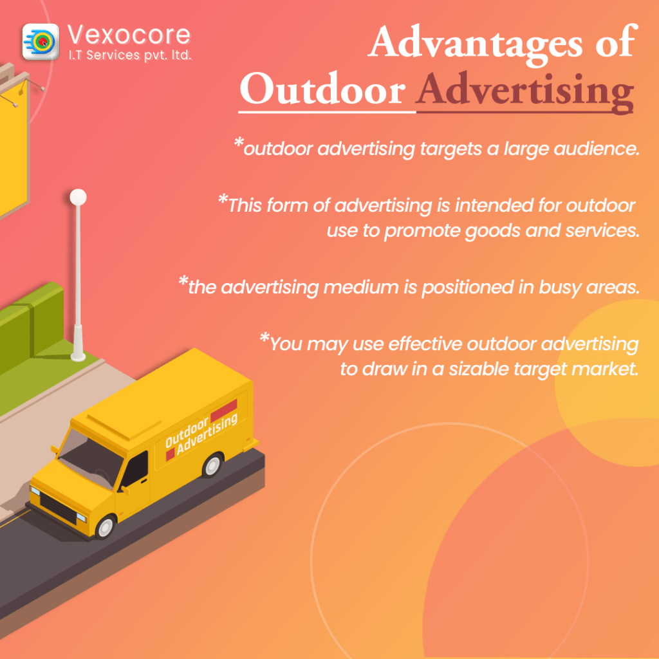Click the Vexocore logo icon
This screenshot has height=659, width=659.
41,42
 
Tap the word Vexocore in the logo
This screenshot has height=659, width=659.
129,35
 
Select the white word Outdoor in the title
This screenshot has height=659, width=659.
322,89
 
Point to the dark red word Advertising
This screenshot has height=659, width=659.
524,91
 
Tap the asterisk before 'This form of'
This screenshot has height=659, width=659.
223,199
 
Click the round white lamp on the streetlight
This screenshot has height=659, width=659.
78,197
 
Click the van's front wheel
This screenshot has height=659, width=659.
105,527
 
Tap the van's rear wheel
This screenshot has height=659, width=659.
212,465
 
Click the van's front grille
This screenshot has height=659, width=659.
58,507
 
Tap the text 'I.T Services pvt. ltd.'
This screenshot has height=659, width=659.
130,55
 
